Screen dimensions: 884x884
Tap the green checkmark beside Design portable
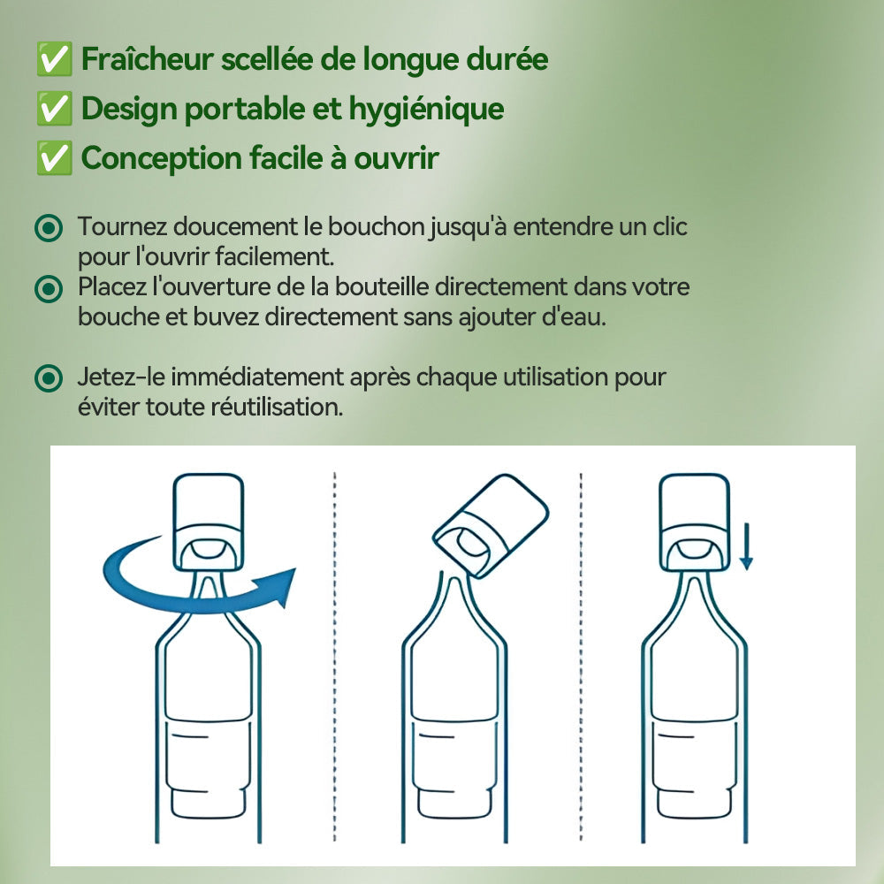(x=55, y=109)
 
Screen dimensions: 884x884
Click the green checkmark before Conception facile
(x=55, y=159)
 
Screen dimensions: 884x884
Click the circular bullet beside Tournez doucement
(x=49, y=228)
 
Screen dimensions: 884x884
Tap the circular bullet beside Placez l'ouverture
(x=49, y=288)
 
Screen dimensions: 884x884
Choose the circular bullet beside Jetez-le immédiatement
(x=49, y=378)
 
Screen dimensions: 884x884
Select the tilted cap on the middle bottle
(x=491, y=525)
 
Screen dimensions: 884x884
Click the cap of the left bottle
(x=208, y=522)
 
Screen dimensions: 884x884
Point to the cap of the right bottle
(x=696, y=522)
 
